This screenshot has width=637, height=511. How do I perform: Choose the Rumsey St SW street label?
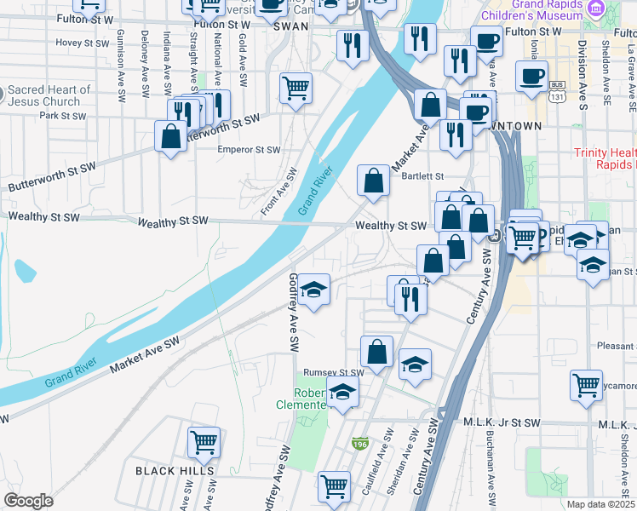(334, 372)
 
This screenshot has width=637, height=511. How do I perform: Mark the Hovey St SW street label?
(83, 43)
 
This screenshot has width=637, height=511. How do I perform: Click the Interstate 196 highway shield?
(361, 444)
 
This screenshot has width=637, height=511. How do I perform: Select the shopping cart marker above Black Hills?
(204, 442)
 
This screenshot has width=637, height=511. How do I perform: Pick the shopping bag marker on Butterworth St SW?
(170, 136)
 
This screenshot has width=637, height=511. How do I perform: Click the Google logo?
(28, 501)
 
